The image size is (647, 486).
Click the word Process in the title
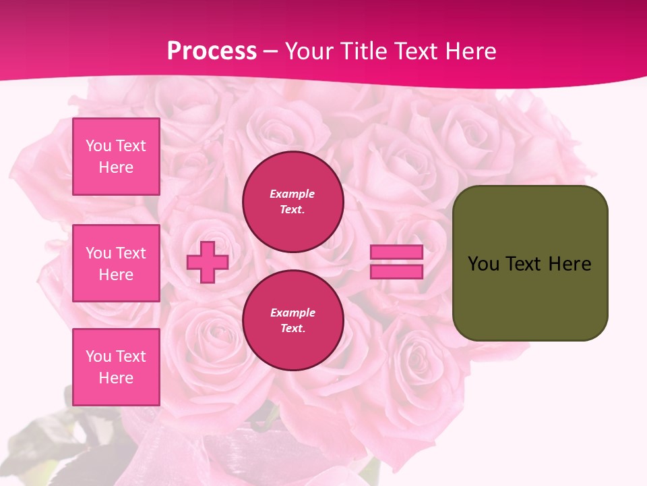click(212, 51)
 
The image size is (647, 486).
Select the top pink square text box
click(116, 157)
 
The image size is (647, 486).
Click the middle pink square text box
click(116, 263)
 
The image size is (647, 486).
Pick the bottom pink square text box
click(116, 367)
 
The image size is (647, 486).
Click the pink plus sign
click(208, 262)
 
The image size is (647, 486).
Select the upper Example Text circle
click(292, 202)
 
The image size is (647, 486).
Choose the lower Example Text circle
click(292, 321)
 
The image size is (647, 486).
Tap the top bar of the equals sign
click(396, 252)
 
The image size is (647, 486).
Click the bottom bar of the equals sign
click(396, 271)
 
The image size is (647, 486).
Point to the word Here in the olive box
click(569, 264)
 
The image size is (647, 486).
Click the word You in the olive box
click(483, 264)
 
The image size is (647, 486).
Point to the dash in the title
click(271, 51)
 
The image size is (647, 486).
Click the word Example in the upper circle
click(292, 194)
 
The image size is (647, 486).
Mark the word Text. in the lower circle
click(292, 329)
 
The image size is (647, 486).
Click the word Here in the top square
click(116, 167)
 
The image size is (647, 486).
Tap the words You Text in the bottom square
click(116, 356)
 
